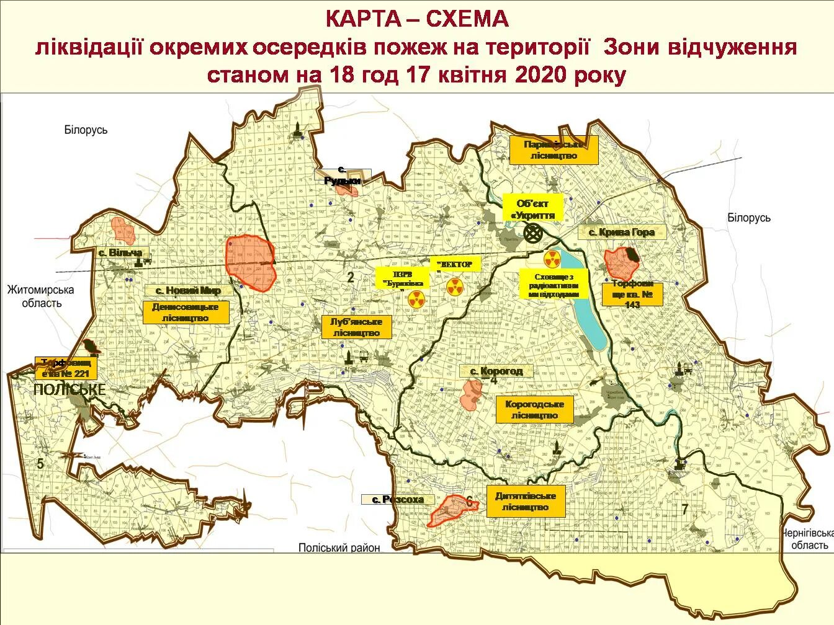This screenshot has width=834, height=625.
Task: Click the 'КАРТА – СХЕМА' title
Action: (417, 19)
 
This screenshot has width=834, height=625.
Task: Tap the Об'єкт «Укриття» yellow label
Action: (532, 210)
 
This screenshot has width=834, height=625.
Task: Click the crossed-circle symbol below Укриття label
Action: (532, 233)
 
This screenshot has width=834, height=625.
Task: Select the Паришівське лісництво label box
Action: (554, 150)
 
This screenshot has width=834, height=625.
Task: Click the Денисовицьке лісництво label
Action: (185, 312)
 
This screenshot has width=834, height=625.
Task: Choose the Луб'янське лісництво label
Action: (356, 327)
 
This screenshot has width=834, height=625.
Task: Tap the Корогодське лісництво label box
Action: (534, 410)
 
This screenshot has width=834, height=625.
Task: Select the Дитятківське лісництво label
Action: (525, 502)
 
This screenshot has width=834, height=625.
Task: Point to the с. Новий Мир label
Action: (188, 290)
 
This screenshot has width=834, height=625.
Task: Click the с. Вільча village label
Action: (120, 252)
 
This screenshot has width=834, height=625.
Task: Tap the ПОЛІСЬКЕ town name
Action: (69, 389)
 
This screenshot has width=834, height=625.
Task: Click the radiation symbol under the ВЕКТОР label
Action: (454, 286)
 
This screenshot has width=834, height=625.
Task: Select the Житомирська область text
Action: (40, 296)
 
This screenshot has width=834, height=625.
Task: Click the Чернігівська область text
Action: (805, 539)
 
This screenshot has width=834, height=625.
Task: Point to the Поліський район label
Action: (339, 547)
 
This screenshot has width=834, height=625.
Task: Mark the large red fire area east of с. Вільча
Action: (249, 263)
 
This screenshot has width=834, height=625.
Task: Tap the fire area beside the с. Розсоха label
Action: (453, 510)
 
